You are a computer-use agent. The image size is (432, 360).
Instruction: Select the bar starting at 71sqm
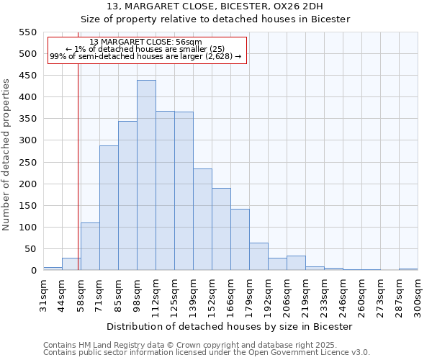coord(109,207)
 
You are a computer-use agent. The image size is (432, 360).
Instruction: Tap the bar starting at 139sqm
coord(202,220)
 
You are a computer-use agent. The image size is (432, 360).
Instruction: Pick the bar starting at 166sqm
coord(240,239)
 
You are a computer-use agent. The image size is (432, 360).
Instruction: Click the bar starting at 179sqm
coord(258,256)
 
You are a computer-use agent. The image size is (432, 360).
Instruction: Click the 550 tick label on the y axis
coord(27,32)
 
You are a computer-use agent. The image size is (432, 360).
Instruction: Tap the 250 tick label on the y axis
coord(27,163)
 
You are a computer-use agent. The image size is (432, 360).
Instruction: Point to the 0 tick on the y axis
coord(32,271)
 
